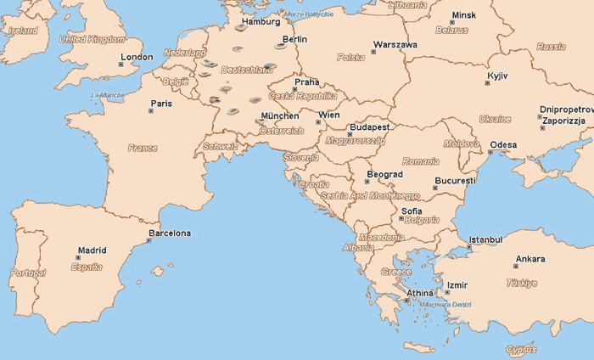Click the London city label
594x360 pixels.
(137, 58)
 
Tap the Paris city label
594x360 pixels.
(160, 104)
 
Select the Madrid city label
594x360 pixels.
(92, 250)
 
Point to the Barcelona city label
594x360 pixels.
(170, 233)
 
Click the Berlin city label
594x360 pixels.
(294, 39)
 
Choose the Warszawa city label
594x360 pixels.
(395, 44)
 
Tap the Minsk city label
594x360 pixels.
(464, 15)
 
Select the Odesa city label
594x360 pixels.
(503, 144)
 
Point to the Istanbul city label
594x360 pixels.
(486, 240)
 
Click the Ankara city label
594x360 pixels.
(530, 259)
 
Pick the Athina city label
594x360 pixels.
(419, 293)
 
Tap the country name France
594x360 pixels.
(143, 148)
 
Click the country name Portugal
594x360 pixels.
(28, 273)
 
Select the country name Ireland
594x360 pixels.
(22, 31)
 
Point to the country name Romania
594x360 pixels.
(421, 161)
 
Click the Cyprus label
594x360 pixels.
(521, 349)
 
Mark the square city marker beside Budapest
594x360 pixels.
(349, 134)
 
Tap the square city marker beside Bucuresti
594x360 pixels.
(436, 188)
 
